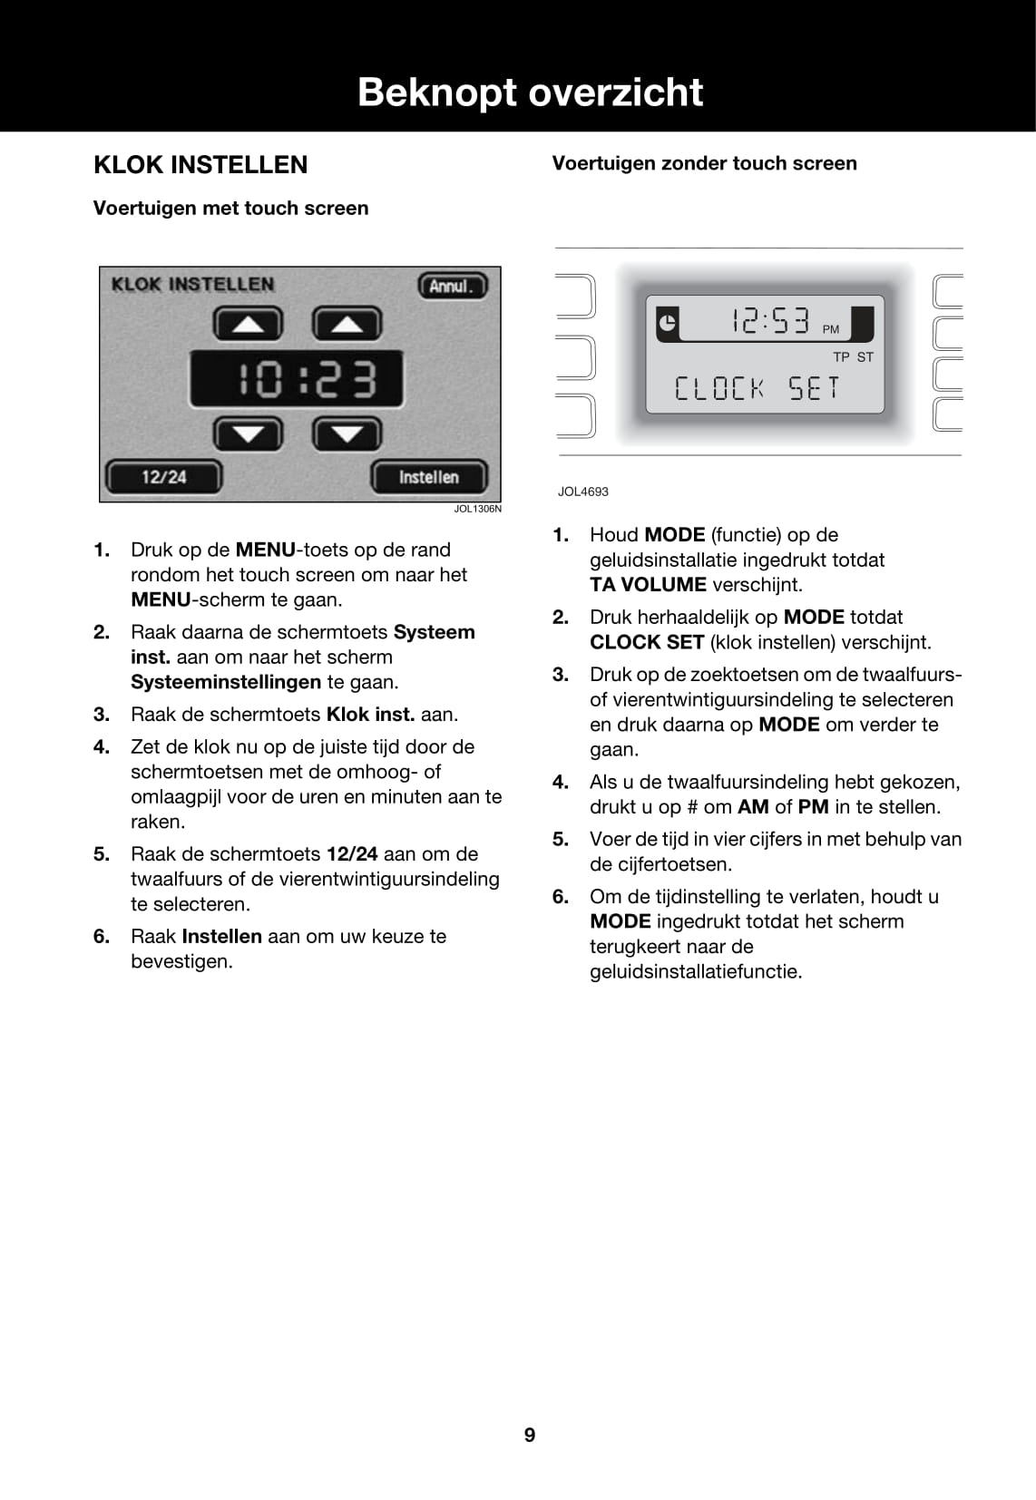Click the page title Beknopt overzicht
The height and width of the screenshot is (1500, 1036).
click(x=530, y=93)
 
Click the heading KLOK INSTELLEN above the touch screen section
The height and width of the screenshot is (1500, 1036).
click(x=200, y=165)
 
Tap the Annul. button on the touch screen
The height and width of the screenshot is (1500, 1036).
click(x=452, y=287)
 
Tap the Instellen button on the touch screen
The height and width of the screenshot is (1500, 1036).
click(x=428, y=477)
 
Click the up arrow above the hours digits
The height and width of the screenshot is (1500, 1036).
click(x=248, y=324)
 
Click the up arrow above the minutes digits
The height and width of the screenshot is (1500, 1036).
click(x=347, y=324)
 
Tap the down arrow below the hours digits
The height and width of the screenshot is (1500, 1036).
click(x=248, y=434)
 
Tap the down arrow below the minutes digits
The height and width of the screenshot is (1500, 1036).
click(x=347, y=434)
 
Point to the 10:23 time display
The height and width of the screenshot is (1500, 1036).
click(x=297, y=379)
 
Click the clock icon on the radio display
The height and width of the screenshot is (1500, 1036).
click(x=667, y=322)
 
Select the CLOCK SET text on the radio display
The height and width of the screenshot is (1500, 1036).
click(x=757, y=389)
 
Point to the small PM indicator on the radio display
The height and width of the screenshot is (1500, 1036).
click(x=831, y=330)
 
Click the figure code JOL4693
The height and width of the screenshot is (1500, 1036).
click(x=583, y=492)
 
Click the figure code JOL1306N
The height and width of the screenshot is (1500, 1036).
click(x=477, y=510)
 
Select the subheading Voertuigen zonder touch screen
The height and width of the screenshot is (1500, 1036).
click(x=704, y=164)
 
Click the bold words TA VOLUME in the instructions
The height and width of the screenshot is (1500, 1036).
click(x=648, y=585)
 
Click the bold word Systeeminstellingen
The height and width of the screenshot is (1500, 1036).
click(x=226, y=682)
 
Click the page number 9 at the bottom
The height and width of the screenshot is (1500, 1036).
click(x=530, y=1435)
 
